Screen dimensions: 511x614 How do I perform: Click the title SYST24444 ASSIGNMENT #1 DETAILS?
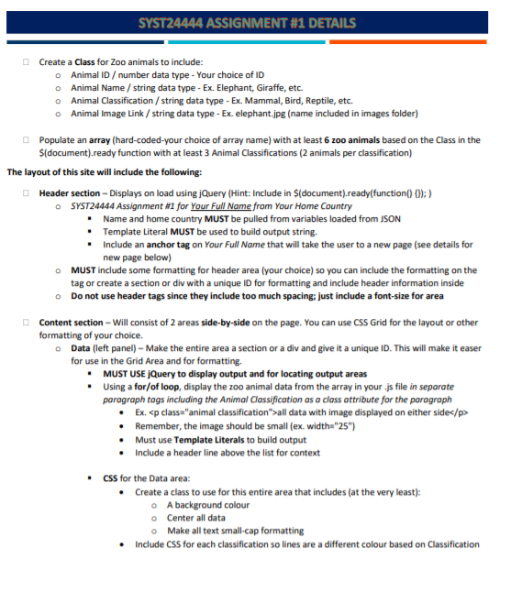255,22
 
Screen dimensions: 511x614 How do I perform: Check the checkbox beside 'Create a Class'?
28,61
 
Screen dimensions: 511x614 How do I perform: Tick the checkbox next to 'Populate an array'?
28,140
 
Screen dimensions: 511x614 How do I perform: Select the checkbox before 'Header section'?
28,193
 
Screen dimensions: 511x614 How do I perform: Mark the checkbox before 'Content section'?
28,323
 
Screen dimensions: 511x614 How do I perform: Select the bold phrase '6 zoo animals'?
354,140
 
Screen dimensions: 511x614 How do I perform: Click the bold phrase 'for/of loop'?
156,387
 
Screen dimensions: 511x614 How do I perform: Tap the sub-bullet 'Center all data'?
196,518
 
